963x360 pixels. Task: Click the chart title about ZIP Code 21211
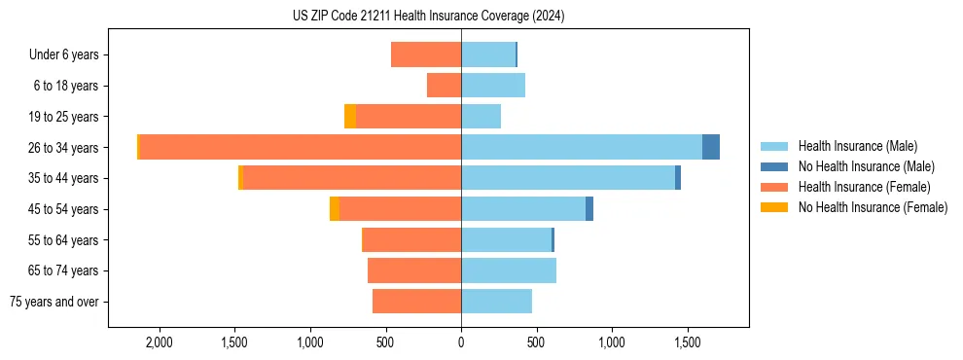point(428,17)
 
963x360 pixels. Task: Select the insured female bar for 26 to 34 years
point(300,147)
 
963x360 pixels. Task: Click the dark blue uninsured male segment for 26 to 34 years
point(711,147)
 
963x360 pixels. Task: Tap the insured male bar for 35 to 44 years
point(568,178)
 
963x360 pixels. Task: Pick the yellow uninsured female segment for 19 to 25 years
point(350,117)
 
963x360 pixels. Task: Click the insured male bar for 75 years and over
point(496,302)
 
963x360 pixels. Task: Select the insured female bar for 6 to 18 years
point(444,86)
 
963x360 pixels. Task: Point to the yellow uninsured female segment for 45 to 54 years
point(335,209)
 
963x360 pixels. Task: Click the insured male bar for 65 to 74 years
point(509,270)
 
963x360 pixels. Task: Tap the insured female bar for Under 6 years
point(426,54)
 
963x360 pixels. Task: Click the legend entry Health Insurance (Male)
point(857,146)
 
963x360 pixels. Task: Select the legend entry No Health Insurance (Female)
point(873,207)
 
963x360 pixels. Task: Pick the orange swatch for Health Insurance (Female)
point(775,187)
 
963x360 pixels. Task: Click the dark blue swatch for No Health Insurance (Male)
point(775,166)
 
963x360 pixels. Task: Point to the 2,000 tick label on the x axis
point(159,342)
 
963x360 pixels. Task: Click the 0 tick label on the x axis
point(461,342)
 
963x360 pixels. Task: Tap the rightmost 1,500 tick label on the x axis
point(688,342)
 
